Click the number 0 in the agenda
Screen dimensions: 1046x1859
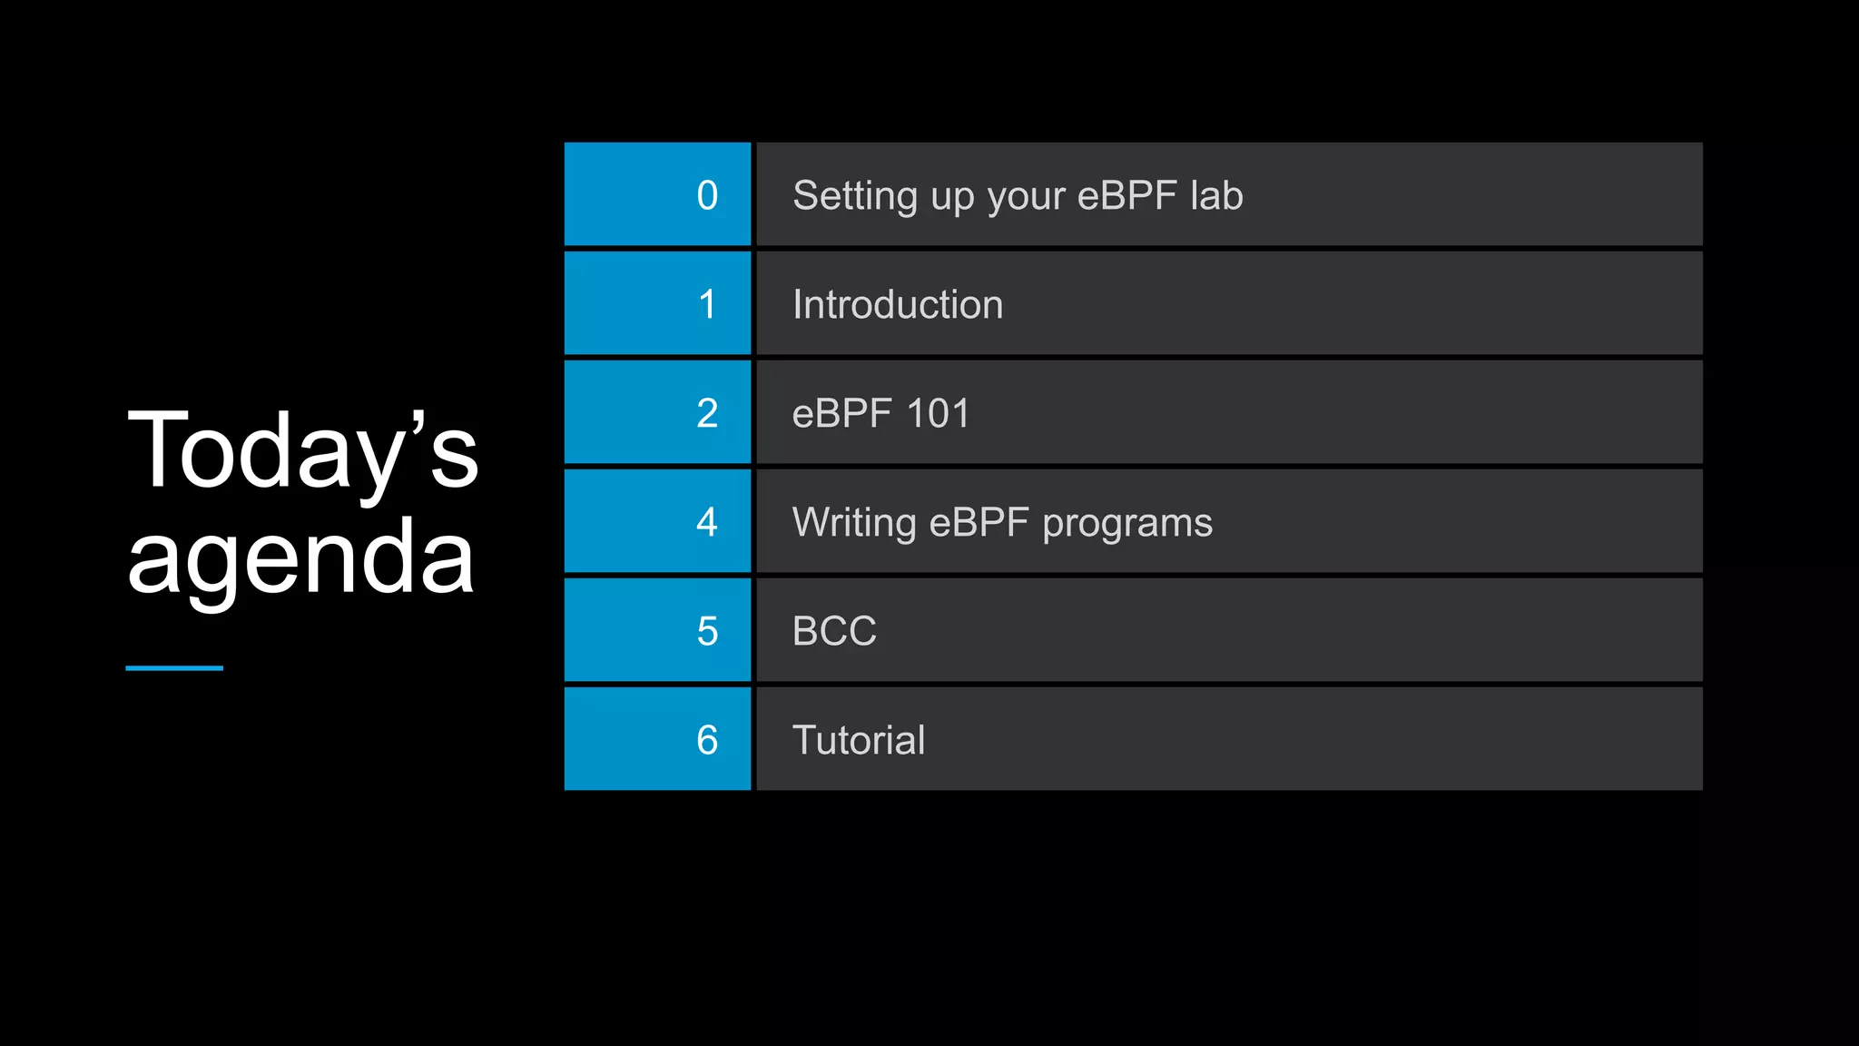click(x=707, y=195)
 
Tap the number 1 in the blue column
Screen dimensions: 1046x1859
click(x=707, y=304)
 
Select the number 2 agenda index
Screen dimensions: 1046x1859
click(x=707, y=413)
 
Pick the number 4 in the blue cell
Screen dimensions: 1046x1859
click(x=707, y=522)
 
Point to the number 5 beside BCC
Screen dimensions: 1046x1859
click(x=707, y=631)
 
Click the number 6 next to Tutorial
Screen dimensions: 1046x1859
click(x=707, y=740)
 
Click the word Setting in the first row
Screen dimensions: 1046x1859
click(x=854, y=196)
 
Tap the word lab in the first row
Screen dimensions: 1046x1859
click(x=1216, y=195)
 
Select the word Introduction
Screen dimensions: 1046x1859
click(x=898, y=304)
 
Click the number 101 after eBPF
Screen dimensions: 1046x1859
click(x=939, y=414)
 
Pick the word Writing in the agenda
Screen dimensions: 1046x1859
click(x=854, y=523)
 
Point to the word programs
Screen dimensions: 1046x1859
click(x=1127, y=524)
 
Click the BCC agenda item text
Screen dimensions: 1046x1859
click(x=834, y=631)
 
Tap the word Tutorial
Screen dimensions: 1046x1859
click(x=859, y=740)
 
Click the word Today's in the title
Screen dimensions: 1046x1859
click(x=302, y=450)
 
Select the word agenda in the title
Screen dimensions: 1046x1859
click(x=301, y=557)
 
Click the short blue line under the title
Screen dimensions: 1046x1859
click(x=174, y=668)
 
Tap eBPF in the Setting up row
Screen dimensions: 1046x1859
click(x=1126, y=195)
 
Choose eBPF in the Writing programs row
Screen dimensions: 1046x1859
click(x=979, y=523)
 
